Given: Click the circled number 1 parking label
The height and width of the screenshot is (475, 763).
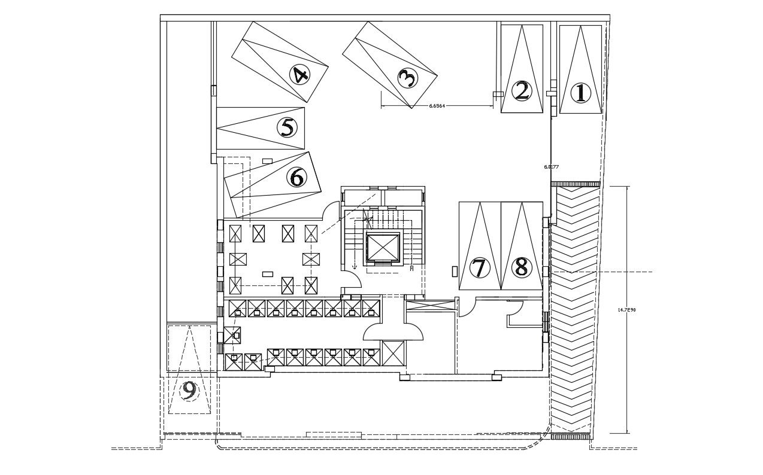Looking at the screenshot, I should tap(580, 93).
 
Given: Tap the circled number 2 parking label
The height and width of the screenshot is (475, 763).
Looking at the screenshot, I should tap(522, 91).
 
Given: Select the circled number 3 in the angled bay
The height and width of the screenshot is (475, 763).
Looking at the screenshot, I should tap(407, 77).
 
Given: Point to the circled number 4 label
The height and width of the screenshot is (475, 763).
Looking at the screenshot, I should tap(299, 75).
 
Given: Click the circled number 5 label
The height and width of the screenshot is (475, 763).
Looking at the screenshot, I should tap(287, 127).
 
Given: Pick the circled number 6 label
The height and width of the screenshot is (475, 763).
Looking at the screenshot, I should tap(296, 176).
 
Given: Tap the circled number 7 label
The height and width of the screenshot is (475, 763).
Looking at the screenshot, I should tap(479, 268).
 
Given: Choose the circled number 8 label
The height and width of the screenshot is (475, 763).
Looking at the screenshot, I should tap(521, 267).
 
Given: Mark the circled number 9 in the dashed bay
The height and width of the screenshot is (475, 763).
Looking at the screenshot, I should tap(189, 391).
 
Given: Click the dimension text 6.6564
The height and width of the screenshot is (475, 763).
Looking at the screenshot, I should tap(437, 106).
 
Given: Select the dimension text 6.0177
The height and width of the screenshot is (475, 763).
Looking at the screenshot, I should tap(551, 167).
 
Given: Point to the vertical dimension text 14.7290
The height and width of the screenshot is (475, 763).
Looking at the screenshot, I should tap(626, 310).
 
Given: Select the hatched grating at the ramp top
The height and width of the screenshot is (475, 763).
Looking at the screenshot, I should tap(575, 184).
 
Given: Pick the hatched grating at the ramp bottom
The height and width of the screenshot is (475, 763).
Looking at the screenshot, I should tap(571, 437).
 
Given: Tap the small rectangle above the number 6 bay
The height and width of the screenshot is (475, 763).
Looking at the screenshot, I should tap(267, 160).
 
